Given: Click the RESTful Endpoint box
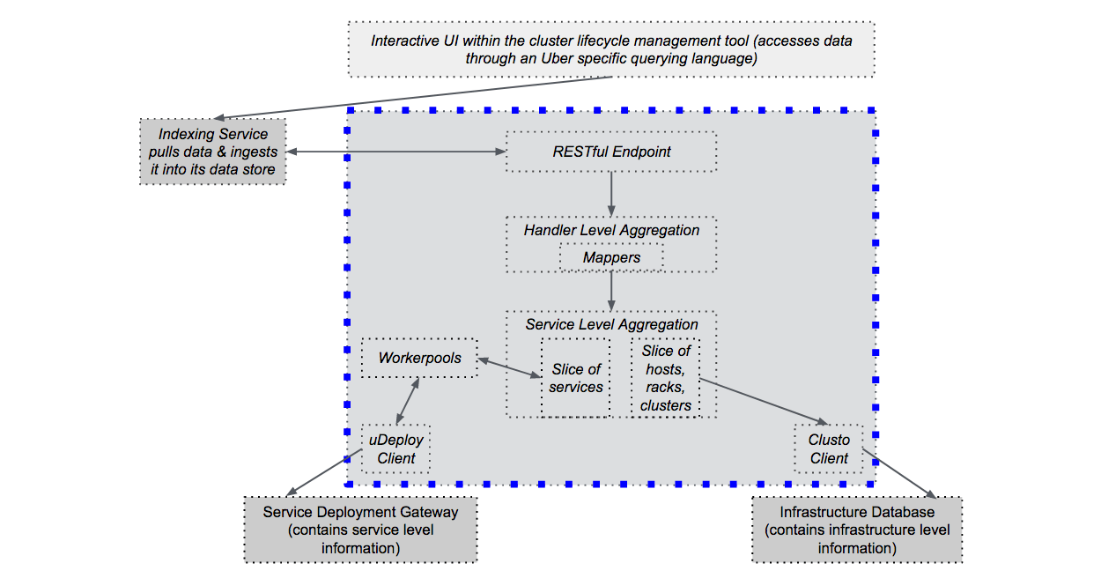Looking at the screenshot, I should (611, 152).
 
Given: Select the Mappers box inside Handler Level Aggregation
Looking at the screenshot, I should (611, 257).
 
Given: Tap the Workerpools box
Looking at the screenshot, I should (419, 358).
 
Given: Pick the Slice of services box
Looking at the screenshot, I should (576, 378).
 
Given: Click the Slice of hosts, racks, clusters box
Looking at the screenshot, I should (666, 378).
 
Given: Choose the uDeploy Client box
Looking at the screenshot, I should (396, 448).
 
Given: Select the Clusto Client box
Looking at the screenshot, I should (829, 448).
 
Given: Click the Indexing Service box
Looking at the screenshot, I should (212, 152).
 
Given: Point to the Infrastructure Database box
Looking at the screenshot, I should (857, 530).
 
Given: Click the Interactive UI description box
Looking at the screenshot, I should (611, 49).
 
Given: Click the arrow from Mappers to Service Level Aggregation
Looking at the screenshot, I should (611, 290).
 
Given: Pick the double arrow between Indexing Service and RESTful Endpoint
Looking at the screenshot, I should (396, 152).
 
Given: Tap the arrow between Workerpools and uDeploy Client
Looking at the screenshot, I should (408, 401).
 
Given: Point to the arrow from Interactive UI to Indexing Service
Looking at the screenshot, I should (414, 98).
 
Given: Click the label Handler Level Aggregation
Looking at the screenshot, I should (611, 230).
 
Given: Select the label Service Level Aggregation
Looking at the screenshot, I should (611, 324).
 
